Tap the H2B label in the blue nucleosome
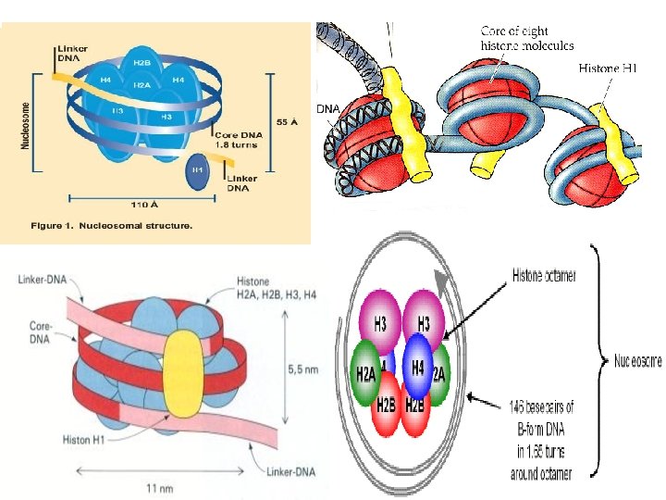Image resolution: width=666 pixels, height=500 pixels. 142,62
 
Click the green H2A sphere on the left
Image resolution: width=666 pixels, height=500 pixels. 365,372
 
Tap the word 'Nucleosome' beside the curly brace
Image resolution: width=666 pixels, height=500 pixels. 638,362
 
